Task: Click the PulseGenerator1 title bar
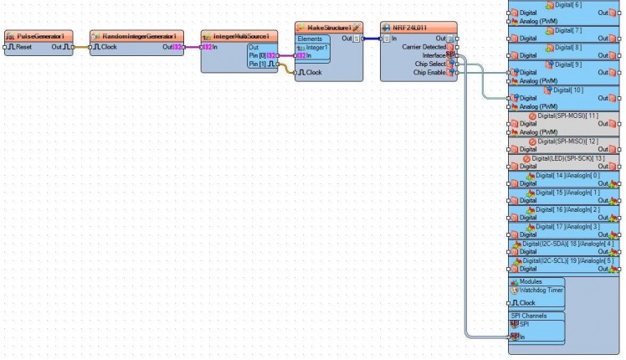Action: [x=40, y=37]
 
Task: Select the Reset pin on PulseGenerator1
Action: [x=21, y=47]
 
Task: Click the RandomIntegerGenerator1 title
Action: [x=138, y=37]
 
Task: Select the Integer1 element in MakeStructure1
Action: [x=318, y=48]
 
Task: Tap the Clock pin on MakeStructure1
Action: [x=312, y=73]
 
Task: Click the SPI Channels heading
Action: [x=528, y=316]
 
